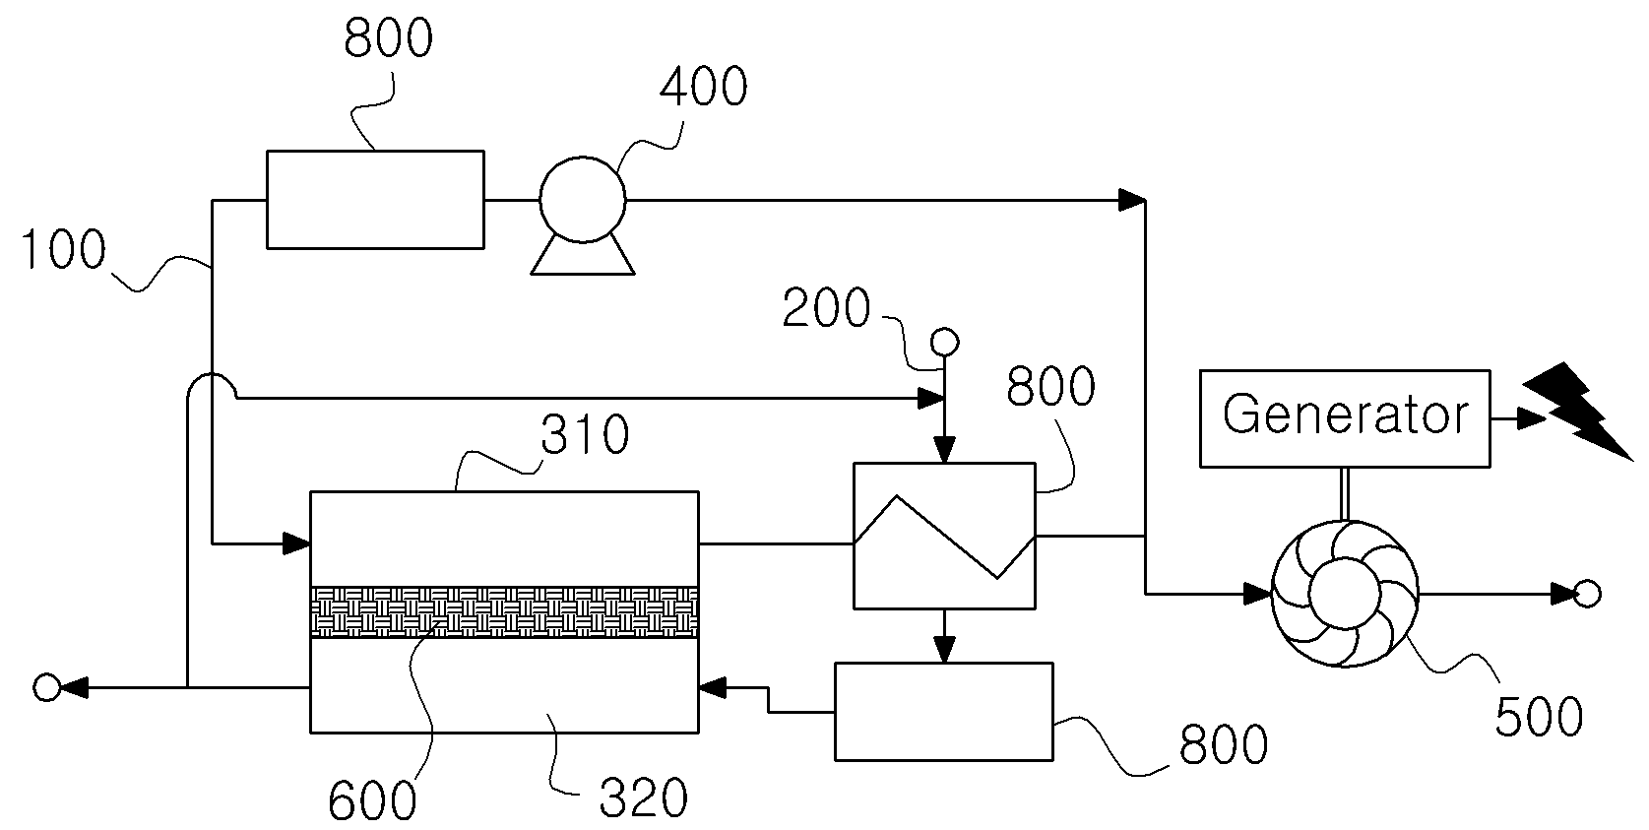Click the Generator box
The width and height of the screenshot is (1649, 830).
tap(1344, 418)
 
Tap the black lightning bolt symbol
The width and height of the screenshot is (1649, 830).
tap(1575, 413)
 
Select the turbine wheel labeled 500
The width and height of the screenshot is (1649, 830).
tap(1345, 594)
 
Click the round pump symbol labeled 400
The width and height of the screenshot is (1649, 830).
tap(582, 200)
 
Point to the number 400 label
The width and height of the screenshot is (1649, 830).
tap(703, 87)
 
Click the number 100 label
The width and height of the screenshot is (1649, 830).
tap(63, 249)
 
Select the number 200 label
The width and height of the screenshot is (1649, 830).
tap(826, 307)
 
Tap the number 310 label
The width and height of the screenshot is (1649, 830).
tap(585, 434)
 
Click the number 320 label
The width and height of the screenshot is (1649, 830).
tap(644, 798)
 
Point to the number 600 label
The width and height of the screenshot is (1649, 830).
tap(372, 800)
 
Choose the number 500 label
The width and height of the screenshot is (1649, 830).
tap(1540, 717)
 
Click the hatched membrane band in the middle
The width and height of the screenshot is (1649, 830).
tap(504, 611)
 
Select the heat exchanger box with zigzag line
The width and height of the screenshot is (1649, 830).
tap(944, 537)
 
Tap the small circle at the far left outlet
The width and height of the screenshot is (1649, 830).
tap(46, 688)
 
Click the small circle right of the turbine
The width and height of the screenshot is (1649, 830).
tap(1587, 594)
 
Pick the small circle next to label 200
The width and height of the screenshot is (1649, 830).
tap(944, 343)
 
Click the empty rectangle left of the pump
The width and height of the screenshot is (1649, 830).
tap(375, 200)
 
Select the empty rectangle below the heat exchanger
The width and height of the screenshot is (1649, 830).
tap(944, 712)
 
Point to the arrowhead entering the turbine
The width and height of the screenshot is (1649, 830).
tap(1257, 594)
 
